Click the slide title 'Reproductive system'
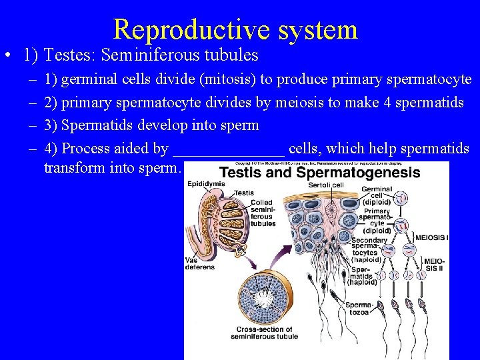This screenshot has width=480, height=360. click(x=235, y=29)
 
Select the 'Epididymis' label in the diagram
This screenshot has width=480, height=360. click(x=205, y=185)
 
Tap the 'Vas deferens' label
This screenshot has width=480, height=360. click(x=200, y=263)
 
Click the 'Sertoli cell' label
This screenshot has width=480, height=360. click(x=328, y=185)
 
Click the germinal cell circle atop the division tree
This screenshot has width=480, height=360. click(x=402, y=198)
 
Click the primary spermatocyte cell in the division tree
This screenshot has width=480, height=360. click(x=402, y=224)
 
